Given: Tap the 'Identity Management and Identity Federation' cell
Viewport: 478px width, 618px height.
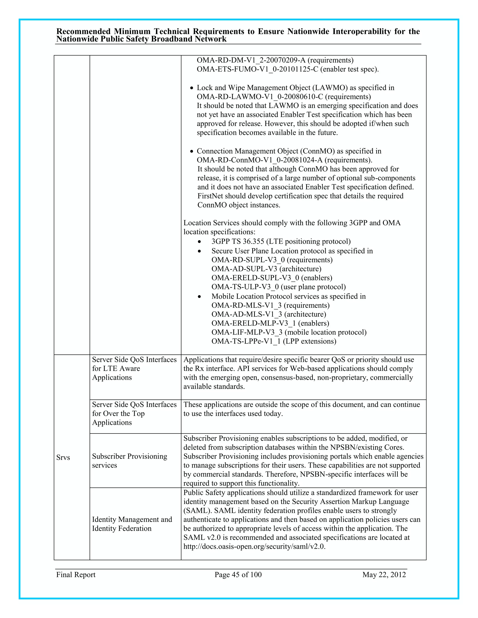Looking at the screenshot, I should click(x=132, y=524).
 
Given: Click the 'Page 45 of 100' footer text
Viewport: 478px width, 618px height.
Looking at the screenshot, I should click(x=238, y=574).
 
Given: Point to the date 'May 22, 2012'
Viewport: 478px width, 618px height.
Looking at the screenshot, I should click(x=384, y=574).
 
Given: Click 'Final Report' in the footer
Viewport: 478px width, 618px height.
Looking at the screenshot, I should click(x=76, y=574).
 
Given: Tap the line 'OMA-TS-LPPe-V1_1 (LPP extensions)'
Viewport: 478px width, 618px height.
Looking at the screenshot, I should click(x=274, y=341).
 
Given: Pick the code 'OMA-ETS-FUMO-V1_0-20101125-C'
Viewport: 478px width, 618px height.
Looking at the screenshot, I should click(x=257, y=69).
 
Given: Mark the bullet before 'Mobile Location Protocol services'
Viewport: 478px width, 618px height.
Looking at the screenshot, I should click(x=199, y=297).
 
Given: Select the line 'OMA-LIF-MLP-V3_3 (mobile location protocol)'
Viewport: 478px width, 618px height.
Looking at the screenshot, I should click(x=289, y=332).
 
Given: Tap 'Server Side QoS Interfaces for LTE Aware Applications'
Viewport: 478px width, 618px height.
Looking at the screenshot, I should click(x=134, y=368).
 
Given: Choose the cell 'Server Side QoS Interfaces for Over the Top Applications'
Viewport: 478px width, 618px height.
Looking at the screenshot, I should click(x=134, y=413).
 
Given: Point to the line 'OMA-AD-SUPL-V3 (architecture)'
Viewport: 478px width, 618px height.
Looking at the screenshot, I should click(x=266, y=269).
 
